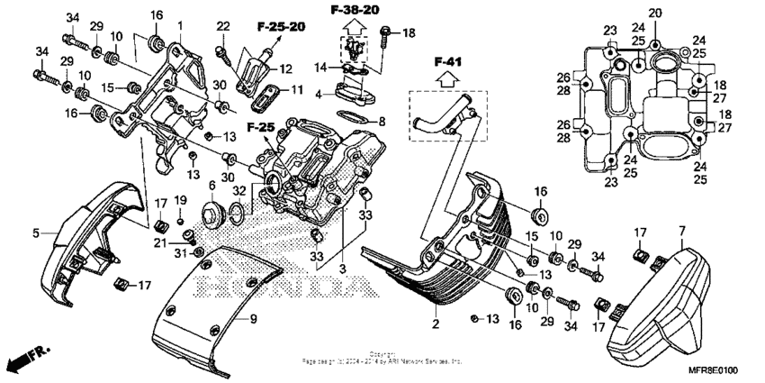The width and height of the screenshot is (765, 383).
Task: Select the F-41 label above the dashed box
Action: (446, 63)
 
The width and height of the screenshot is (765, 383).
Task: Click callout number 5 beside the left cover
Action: (37, 233)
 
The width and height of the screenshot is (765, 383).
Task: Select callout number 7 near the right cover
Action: (682, 232)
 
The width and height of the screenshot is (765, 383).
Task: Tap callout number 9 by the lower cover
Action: (254, 318)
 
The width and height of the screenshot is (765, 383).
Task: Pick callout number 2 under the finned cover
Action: (435, 324)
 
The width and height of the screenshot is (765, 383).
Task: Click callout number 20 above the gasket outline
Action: (654, 13)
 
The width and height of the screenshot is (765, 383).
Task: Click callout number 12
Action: (287, 68)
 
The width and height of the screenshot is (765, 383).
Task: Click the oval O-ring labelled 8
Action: (352, 117)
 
